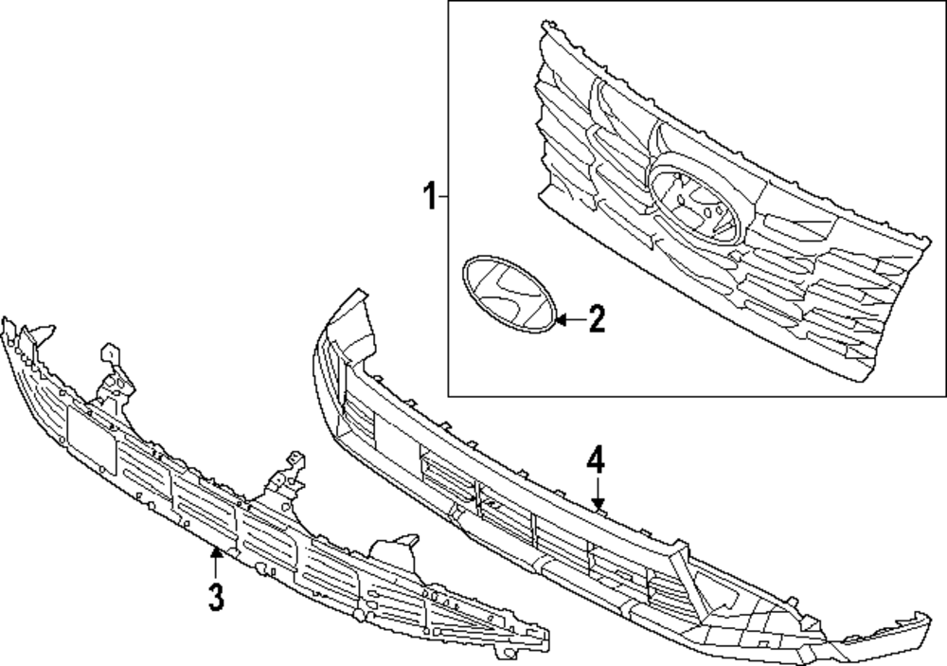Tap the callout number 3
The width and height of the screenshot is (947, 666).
tap(216, 597)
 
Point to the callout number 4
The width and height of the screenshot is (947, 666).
tap(595, 462)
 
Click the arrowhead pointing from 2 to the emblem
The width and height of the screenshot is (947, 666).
tap(562, 320)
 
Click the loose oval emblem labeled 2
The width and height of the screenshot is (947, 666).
tap(507, 295)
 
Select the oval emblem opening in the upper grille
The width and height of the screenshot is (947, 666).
tap(694, 205)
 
